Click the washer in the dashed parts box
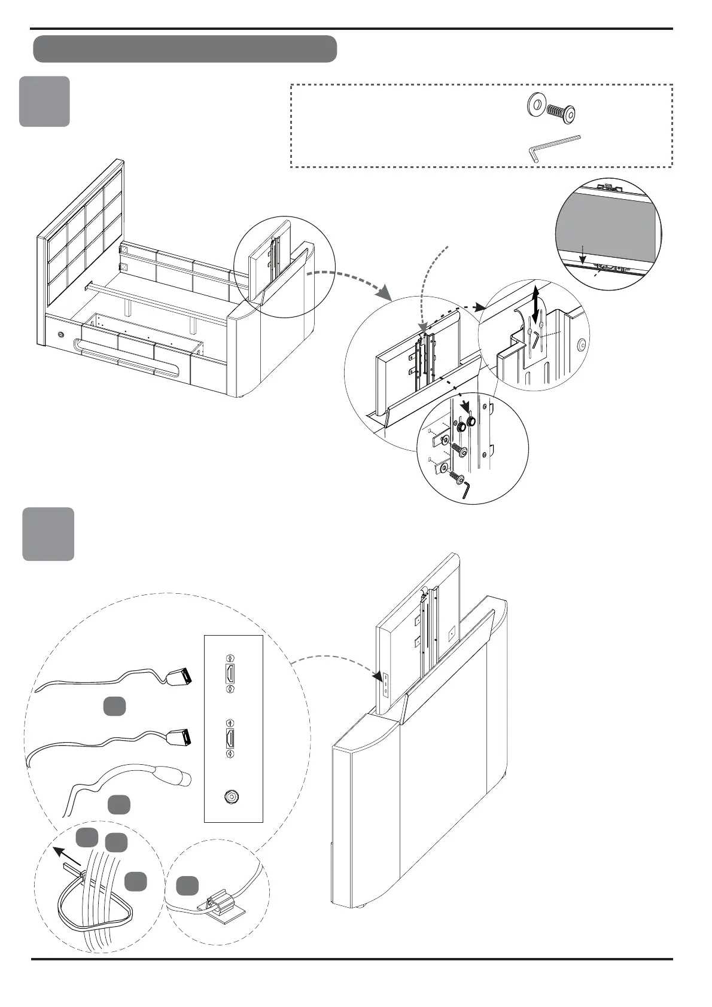tap(535, 106)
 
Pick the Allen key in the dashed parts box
tap(554, 146)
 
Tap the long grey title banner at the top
tap(185, 49)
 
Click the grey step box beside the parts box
tap(44, 101)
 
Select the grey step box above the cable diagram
tap(48, 534)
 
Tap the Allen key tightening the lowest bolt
tap(466, 489)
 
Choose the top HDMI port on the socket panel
tap(229, 673)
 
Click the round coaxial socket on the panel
tap(230, 797)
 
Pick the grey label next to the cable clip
tap(187, 886)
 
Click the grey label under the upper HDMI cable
tap(114, 706)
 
